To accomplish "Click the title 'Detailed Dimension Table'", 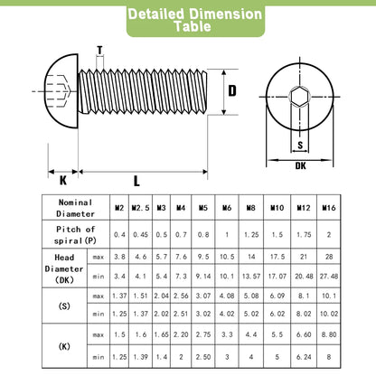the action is pos(195,20).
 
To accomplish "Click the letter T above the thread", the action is pos(99,51).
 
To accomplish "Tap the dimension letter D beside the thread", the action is pos(232,90).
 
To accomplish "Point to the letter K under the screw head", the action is pos(63,181).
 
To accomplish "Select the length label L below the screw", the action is pos(136,181).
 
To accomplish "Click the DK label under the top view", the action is pos(300,165).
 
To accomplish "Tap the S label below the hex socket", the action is pos(300,146).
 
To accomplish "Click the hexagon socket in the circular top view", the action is pos(300,97).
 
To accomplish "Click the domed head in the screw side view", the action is pos(61,91).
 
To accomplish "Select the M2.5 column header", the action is pos(140,208).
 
